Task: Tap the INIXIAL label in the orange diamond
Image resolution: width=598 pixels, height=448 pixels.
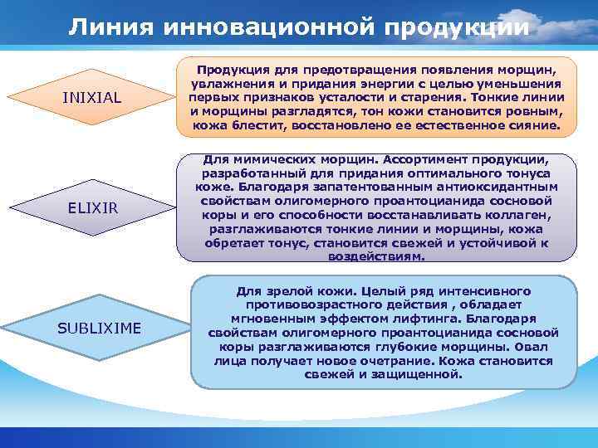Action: pos(92,99)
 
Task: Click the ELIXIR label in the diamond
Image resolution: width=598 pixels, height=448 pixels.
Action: pos(92,207)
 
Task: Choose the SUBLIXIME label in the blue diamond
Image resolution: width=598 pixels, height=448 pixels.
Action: pos(99,328)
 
